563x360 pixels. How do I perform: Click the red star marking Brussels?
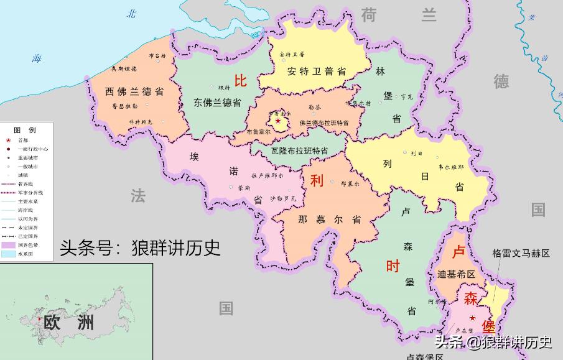point(278,121)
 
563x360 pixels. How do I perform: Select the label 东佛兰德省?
point(217,102)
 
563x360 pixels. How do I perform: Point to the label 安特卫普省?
point(316,71)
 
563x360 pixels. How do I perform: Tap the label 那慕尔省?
point(329,219)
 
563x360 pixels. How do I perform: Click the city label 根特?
point(224,88)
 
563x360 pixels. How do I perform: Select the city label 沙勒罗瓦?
point(283,199)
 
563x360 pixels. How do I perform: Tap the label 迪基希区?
point(456,274)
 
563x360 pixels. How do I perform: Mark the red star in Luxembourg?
point(472,318)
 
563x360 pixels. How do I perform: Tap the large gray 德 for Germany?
point(501,81)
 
